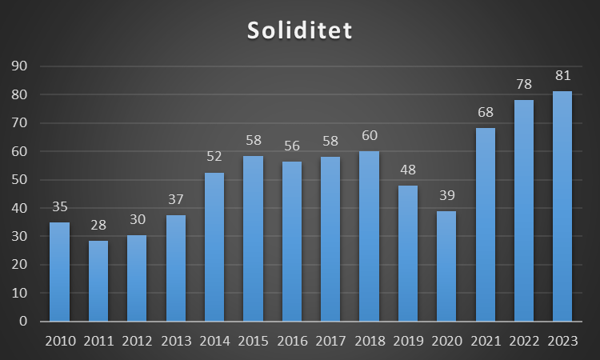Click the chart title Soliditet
click(299, 30)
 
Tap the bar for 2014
click(214, 248)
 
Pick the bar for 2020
click(446, 266)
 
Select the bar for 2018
click(369, 236)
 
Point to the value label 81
click(562, 77)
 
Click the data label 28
click(98, 226)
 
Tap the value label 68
click(485, 114)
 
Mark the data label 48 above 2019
click(408, 170)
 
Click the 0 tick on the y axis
click(22, 322)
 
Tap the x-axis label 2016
click(292, 342)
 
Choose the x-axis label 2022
click(524, 342)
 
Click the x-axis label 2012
click(138, 342)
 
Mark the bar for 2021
click(485, 224)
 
